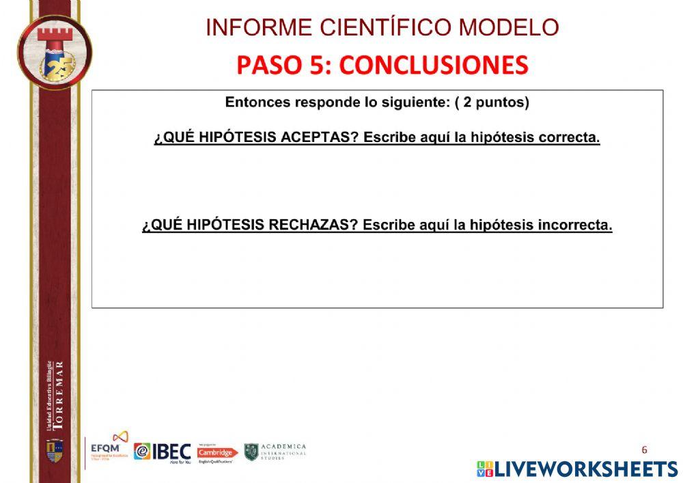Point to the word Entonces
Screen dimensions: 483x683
(x=257, y=103)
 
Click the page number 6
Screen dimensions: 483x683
(x=644, y=450)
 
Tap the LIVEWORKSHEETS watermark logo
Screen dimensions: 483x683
(x=577, y=469)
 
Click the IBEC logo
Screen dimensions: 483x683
(x=163, y=452)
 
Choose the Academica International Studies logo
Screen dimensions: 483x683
(x=275, y=452)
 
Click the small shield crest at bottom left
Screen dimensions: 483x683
(x=55, y=450)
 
